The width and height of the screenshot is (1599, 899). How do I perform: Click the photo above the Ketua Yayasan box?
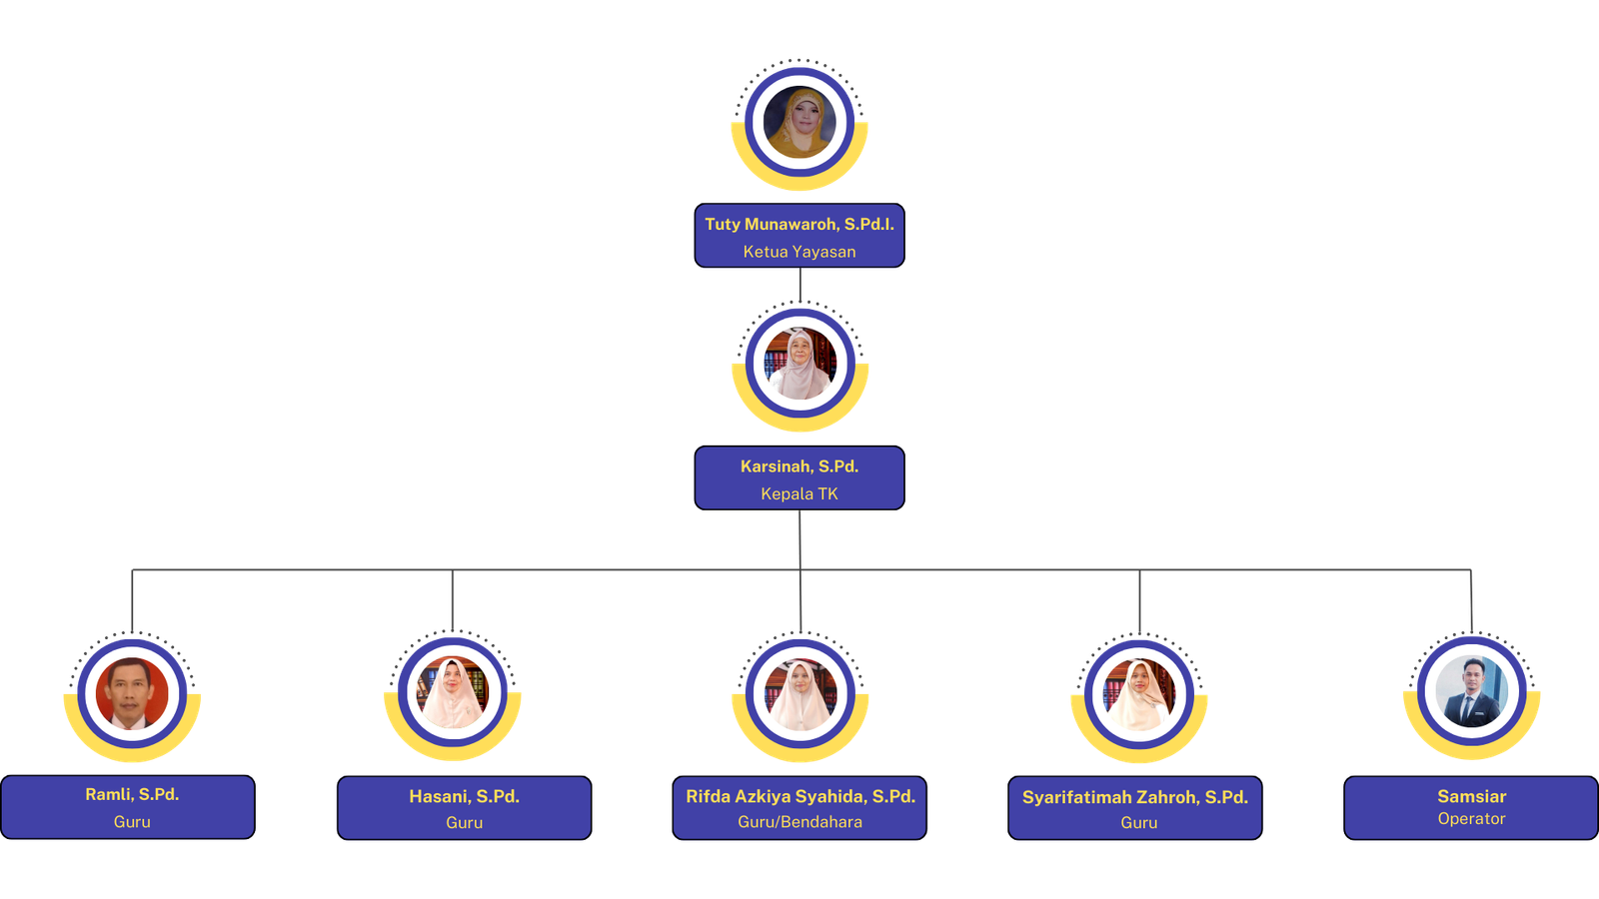[799, 123]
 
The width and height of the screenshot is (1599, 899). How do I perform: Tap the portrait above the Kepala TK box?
[799, 365]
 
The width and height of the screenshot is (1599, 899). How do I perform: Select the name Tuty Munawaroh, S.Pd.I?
[799, 224]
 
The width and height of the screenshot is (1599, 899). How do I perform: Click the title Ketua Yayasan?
[799, 252]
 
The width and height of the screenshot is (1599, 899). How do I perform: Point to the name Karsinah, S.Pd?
[799, 466]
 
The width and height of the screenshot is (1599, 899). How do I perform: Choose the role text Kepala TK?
[799, 493]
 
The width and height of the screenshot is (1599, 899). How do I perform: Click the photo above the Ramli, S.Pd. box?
[132, 693]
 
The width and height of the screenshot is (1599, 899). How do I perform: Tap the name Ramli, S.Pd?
[132, 794]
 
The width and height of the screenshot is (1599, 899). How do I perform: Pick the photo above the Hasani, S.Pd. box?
[453, 692]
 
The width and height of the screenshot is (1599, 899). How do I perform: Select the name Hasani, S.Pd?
[464, 796]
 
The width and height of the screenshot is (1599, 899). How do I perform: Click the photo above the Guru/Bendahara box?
[800, 692]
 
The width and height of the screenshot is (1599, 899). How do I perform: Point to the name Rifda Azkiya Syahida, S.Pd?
[799, 796]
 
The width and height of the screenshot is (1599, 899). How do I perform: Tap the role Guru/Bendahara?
[799, 822]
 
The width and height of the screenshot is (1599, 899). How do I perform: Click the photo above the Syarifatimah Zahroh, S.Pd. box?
[1139, 692]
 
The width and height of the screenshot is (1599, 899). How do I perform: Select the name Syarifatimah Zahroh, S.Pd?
[1135, 797]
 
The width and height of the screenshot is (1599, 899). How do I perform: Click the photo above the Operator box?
[1471, 690]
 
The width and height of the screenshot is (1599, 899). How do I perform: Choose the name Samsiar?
[1471, 796]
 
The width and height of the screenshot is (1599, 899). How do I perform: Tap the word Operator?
[1471, 819]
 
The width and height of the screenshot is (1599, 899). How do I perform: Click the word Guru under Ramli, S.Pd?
[132, 822]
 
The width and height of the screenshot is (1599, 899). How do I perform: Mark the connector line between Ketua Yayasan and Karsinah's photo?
[800, 287]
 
